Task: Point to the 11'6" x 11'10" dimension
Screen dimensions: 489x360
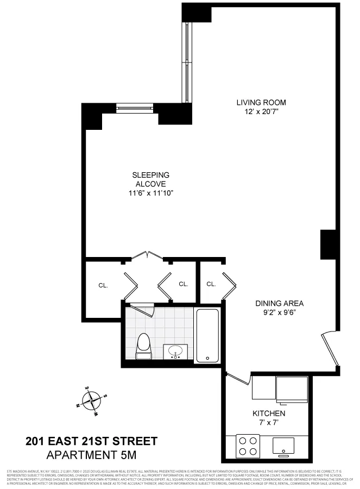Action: tap(151, 193)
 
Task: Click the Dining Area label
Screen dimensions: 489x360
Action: tap(280, 303)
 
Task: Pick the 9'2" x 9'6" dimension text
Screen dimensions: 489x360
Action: tap(280, 312)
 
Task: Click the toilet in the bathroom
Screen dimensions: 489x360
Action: tap(143, 346)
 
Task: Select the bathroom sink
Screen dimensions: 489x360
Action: tap(176, 352)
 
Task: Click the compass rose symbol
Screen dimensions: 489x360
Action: tap(91, 400)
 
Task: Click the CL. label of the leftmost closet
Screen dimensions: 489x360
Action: tap(103, 284)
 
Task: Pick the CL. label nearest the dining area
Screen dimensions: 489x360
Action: tap(211, 284)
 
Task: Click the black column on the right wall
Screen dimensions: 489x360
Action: tap(329, 244)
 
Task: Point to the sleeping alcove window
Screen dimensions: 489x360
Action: tap(136, 108)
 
